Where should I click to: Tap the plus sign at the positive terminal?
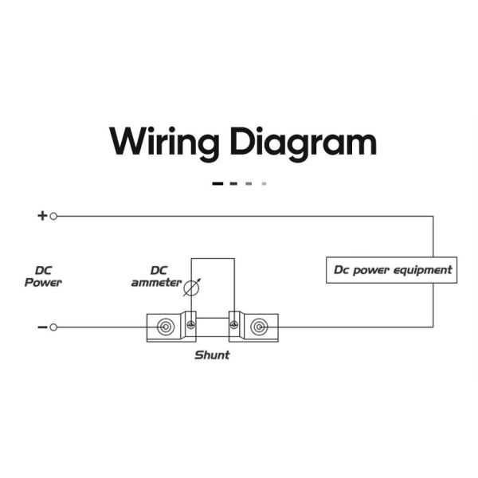pos(42,216)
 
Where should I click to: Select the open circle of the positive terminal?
pos(53,216)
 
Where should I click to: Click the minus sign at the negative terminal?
pos(42,327)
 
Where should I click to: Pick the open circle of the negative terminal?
pos(53,327)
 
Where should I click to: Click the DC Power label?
pos(43,276)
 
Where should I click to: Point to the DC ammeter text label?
pos(156,276)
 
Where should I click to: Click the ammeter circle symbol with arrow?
pos(192,288)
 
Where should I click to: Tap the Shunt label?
pos(212,355)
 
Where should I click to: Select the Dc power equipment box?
pos(391,270)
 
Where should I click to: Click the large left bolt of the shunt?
pos(166,327)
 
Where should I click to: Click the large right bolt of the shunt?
pos(259,327)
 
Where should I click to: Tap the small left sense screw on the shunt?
pos(191,325)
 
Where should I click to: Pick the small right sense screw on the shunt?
pos(233,325)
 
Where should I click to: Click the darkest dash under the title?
pos(217,183)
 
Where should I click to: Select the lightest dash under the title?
pos(264,183)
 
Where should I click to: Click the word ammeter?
pos(156,283)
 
